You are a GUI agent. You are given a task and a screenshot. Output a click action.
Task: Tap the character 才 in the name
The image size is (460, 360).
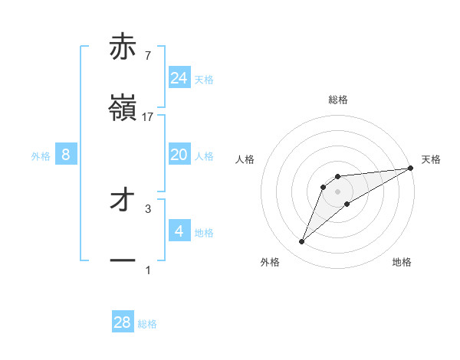pyautogui.click(x=123, y=200)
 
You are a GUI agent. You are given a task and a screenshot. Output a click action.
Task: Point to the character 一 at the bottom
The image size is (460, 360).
pyautogui.click(x=123, y=260)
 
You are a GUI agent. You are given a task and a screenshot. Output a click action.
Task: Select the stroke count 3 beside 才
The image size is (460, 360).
pyautogui.click(x=148, y=208)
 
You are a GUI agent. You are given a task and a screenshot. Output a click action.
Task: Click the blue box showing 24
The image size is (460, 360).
pyautogui.click(x=179, y=78)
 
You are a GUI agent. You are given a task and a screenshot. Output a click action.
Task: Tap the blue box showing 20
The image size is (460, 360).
pyautogui.click(x=179, y=155)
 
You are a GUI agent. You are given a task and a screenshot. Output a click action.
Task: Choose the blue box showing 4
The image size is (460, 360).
pyautogui.click(x=179, y=231)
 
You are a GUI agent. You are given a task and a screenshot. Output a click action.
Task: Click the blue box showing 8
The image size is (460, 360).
pyautogui.click(x=66, y=155)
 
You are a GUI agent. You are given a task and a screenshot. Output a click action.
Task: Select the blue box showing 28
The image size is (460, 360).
pyautogui.click(x=123, y=322)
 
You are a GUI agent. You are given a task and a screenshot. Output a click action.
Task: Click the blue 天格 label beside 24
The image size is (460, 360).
pyautogui.click(x=204, y=79)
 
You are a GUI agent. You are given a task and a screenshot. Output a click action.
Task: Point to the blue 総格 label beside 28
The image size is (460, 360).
pyautogui.click(x=147, y=324)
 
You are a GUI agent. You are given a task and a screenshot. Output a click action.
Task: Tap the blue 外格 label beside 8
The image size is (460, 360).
pyautogui.click(x=41, y=155)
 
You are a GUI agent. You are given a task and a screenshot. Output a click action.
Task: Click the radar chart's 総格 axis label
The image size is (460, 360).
pyautogui.click(x=337, y=100)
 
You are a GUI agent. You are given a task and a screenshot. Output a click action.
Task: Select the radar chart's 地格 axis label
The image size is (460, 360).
pyautogui.click(x=402, y=262)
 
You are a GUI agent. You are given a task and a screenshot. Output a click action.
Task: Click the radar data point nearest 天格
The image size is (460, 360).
pyautogui.click(x=411, y=169)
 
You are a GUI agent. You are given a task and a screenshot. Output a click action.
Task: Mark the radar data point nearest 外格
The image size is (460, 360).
pyautogui.click(x=301, y=242)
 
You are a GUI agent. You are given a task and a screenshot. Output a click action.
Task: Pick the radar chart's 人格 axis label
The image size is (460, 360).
pyautogui.click(x=245, y=159)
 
